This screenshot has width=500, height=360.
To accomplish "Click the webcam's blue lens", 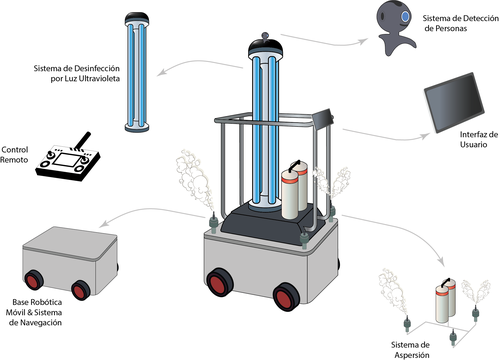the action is pos(405,17).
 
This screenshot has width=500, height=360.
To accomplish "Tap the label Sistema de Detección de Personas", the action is pos(461,23).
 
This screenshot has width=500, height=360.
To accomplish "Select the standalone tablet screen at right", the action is pos(454,102).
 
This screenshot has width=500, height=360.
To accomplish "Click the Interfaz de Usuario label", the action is pos(479,139).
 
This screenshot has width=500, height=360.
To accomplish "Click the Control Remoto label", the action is pos(14,155).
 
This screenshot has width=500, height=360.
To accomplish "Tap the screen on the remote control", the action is pos(66,160).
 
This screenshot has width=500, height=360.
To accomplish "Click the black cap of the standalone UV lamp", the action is pos(137,18).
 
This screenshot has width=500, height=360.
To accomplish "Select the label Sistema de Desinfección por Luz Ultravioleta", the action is pos(77,73).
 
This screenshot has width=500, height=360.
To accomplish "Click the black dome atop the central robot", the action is pos(265,46).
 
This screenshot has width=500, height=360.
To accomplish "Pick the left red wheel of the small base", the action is pos(33,280).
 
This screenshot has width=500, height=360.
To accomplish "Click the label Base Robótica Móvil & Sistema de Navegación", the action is pos(34,312).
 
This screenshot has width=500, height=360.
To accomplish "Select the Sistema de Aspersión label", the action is pos(411,350).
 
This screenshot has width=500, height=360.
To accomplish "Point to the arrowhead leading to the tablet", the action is pos(426,136).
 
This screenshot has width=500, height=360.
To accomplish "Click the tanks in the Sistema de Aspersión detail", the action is pos(446,301).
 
